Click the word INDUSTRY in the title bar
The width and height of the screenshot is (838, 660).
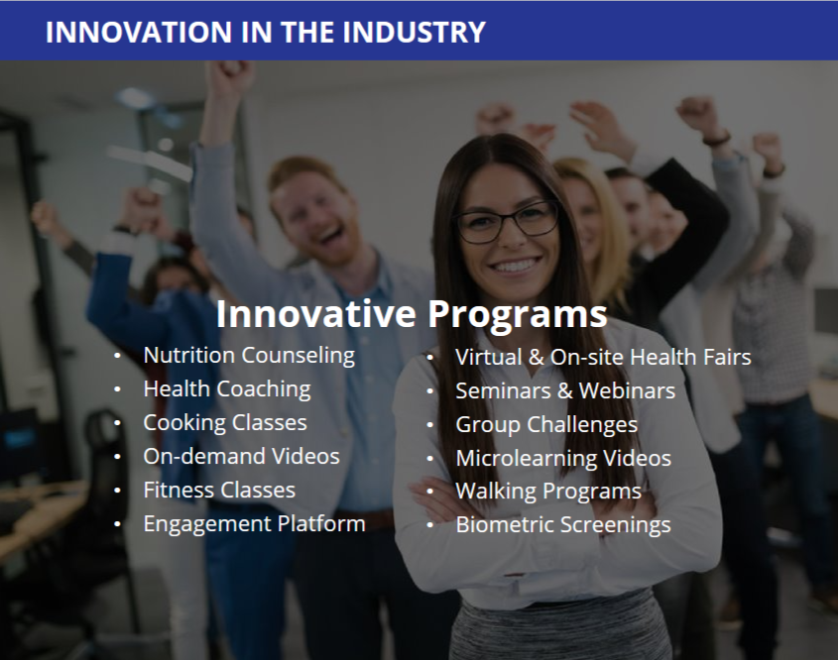point(414,32)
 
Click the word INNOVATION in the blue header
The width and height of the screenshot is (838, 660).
point(139,32)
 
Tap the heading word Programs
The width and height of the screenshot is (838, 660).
point(518,314)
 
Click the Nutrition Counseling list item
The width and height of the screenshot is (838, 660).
point(249,356)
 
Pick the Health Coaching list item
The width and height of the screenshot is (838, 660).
point(227,389)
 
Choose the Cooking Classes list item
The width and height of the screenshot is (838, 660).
point(225,423)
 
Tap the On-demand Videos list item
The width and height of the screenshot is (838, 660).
point(242,457)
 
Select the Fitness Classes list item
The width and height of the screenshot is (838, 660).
point(219,491)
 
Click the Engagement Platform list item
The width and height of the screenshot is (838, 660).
point(255,524)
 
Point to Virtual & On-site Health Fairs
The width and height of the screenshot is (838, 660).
point(603,357)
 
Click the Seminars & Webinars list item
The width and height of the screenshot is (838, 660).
point(565,390)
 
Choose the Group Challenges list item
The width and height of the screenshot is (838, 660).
point(546,424)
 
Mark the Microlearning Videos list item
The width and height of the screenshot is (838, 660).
point(563,458)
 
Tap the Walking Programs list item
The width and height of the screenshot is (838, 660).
point(548,492)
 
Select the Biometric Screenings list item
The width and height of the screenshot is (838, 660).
point(563,525)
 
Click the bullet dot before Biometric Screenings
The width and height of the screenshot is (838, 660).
point(429,526)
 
